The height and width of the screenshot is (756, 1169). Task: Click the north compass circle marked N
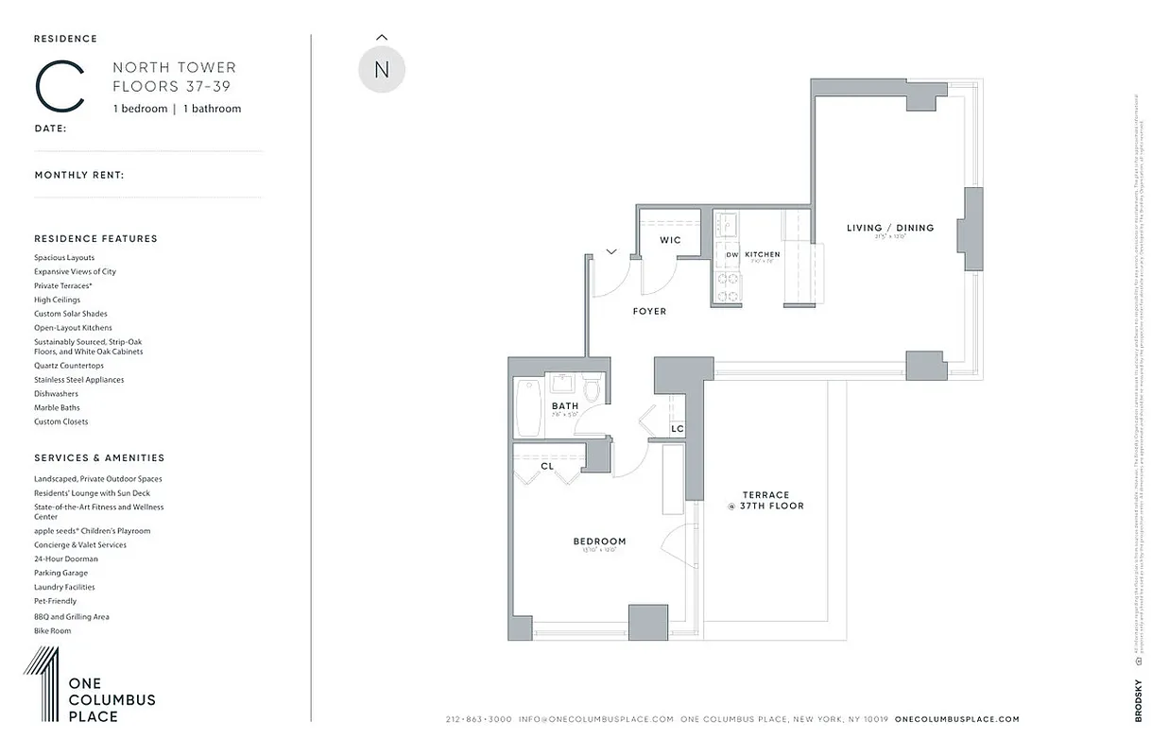tap(382, 69)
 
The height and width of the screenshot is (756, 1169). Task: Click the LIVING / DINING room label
tap(889, 228)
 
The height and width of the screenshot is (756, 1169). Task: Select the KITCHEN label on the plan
tap(762, 255)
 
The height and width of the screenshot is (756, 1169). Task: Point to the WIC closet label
tap(670, 240)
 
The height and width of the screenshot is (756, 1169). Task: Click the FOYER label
tap(649, 311)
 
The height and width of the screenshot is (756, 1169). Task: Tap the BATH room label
tap(565, 406)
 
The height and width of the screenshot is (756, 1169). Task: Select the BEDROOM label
tap(599, 541)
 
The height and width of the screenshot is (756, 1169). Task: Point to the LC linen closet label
tap(677, 429)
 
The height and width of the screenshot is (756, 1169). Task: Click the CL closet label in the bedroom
tap(547, 466)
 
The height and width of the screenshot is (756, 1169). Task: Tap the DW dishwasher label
tap(731, 255)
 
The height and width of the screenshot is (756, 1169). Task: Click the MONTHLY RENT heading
tap(79, 175)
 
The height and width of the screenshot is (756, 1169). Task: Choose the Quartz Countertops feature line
tap(69, 366)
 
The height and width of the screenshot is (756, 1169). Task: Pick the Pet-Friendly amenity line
tap(56, 601)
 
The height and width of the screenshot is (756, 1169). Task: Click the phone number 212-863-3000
tap(478, 719)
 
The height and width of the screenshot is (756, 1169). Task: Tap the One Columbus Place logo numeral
tap(42, 684)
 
